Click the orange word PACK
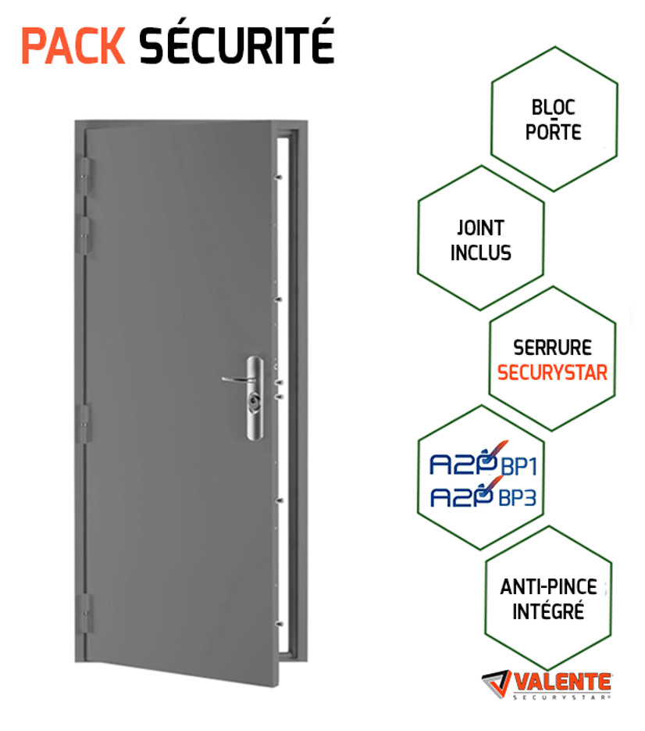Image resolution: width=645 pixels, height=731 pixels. click(73, 45)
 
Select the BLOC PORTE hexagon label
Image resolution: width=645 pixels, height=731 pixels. click(554, 120)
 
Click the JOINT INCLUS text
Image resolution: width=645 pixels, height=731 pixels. click(480, 241)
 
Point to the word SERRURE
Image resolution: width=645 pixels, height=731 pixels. click(552, 348)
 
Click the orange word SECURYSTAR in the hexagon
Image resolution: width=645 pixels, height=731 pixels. click(552, 372)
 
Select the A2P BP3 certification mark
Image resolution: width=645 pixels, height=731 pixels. click(483, 493)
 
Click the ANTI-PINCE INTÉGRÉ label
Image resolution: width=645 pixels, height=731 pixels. click(549, 600)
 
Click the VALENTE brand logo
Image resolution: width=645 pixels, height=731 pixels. click(547, 685)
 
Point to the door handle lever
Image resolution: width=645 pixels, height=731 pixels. click(238, 379)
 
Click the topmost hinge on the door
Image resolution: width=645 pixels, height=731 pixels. click(85, 176)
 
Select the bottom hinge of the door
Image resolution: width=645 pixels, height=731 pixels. click(86, 614)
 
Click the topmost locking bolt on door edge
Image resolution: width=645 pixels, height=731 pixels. click(279, 177)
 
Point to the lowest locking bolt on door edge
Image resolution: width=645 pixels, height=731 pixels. click(280, 624)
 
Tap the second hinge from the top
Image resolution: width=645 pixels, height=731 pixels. click(85, 235)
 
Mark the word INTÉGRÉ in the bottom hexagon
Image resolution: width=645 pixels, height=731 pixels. click(548, 611)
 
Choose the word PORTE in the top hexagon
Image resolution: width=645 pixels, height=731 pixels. click(554, 132)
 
